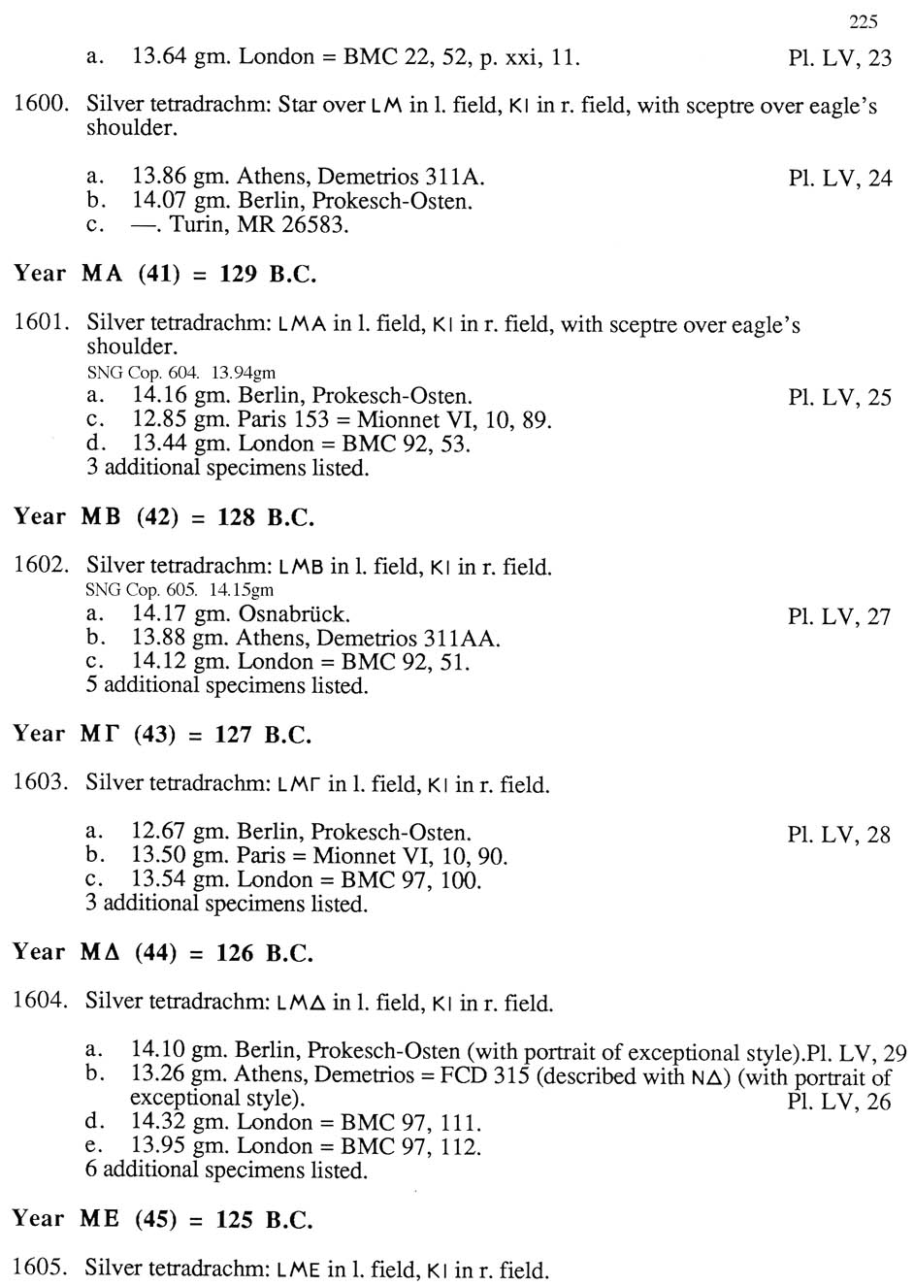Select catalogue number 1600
pos(41,105)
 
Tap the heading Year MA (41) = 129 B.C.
pos(165,275)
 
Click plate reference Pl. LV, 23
pos(839,58)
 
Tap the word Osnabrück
pos(294,614)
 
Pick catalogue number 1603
pos(41,783)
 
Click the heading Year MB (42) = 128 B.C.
pos(164,517)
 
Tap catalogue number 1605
pos(41,1269)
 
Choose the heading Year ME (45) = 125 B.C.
pos(163,1220)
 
